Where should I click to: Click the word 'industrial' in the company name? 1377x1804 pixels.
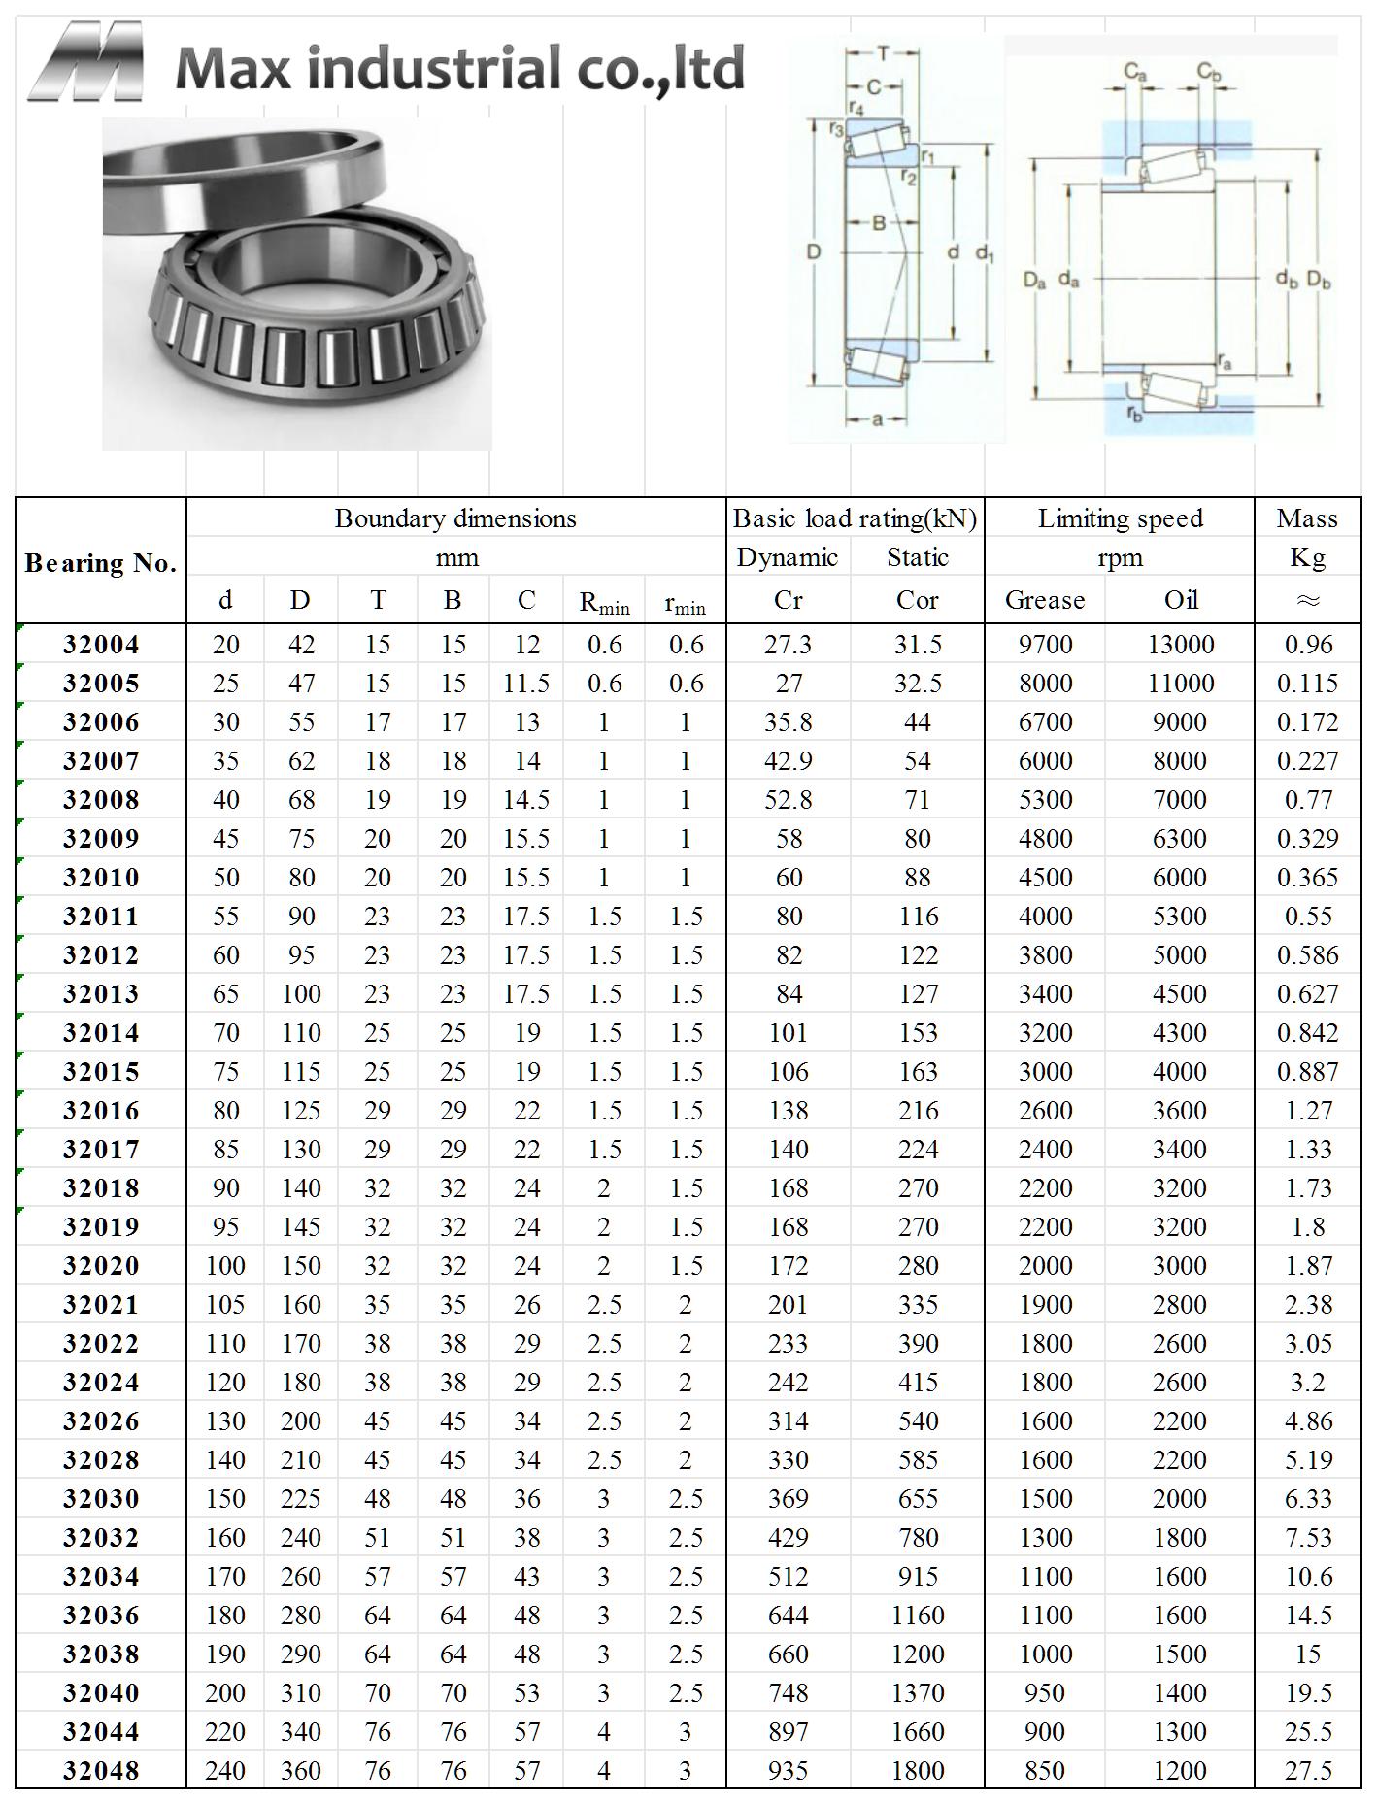point(438,68)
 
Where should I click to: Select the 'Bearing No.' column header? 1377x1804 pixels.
point(101,563)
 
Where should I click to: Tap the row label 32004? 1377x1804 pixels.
point(101,645)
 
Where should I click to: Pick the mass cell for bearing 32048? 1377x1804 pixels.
point(1307,1770)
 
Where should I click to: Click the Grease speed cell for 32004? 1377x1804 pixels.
point(1045,645)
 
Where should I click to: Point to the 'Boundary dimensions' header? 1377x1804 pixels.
point(455,518)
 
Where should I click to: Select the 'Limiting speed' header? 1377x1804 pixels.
point(1120,518)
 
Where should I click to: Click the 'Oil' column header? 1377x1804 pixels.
point(1181,600)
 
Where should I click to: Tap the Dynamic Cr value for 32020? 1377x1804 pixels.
point(788,1266)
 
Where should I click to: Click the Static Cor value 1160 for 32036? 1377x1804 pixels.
point(918,1616)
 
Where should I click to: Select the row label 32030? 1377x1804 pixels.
point(101,1499)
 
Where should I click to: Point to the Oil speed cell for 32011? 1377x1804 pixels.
point(1180,917)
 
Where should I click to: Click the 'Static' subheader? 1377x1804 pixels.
point(918,557)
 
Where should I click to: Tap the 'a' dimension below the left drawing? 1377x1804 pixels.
point(877,420)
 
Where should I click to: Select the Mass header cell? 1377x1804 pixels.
point(1307,518)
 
